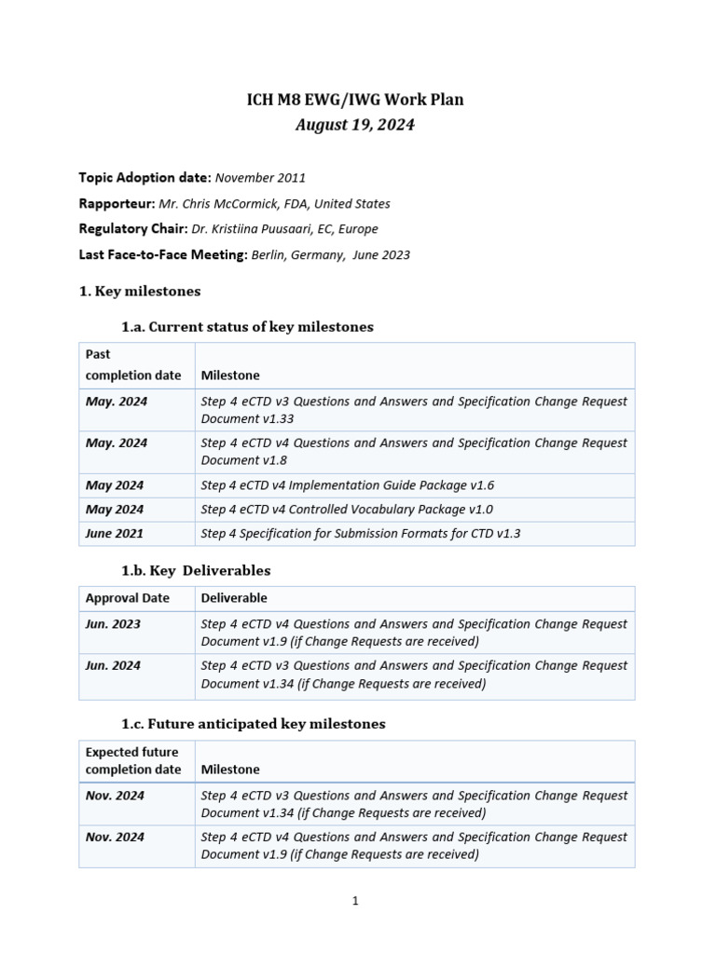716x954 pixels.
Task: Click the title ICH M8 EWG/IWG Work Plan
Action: pos(354,100)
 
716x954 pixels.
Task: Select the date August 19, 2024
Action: pos(354,125)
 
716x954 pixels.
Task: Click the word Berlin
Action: pos(270,254)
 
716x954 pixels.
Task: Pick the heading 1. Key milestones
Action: pos(140,292)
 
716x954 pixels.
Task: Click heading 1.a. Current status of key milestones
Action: pos(247,327)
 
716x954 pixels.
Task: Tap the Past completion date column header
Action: pos(132,364)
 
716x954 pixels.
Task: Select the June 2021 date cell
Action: pos(115,534)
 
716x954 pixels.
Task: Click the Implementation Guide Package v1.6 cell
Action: pos(348,485)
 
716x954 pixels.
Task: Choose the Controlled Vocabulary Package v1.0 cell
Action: pos(347,510)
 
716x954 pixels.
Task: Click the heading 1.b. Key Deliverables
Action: pos(196,570)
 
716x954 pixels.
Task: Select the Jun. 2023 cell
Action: pos(113,624)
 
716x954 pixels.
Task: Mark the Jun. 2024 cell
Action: pos(113,666)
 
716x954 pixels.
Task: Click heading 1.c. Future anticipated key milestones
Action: pos(253,724)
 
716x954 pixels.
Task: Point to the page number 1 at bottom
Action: pos(355,901)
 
